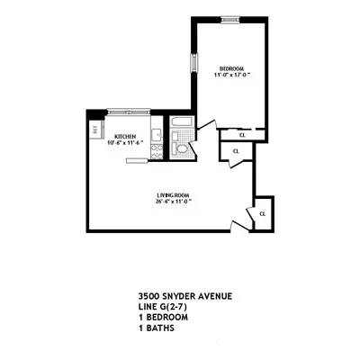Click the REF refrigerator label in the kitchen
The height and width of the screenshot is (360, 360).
click(x=95, y=130)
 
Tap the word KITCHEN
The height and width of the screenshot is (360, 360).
click(x=125, y=137)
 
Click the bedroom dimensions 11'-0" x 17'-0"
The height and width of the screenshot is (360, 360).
click(x=230, y=76)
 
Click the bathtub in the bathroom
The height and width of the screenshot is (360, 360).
click(x=181, y=123)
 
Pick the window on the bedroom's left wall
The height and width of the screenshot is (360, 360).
click(x=193, y=67)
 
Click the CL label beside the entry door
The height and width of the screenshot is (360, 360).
click(x=262, y=214)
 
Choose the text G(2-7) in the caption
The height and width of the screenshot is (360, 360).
click(x=170, y=304)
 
